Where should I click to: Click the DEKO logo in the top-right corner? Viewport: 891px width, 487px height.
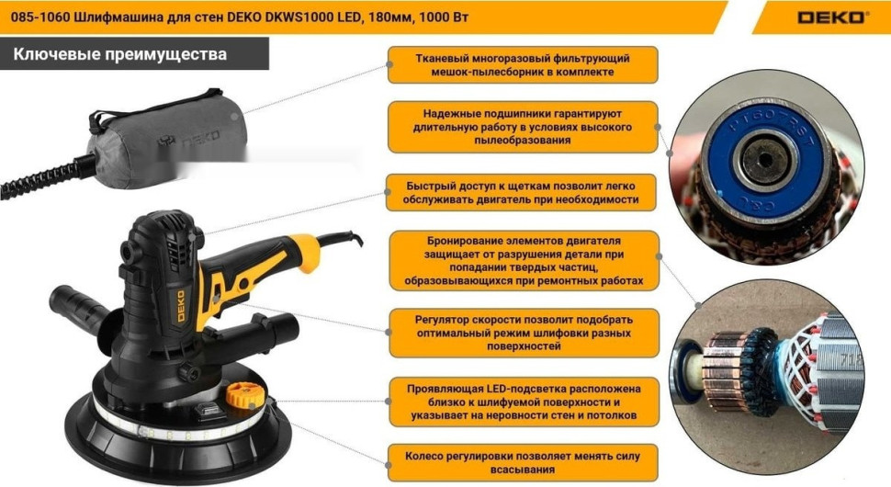[x=830, y=17]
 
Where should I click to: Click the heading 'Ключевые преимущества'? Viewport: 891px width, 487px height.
[x=119, y=54]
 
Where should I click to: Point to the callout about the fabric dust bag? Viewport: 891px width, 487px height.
[x=522, y=64]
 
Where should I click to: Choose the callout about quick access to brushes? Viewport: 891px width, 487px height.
[x=522, y=192]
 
